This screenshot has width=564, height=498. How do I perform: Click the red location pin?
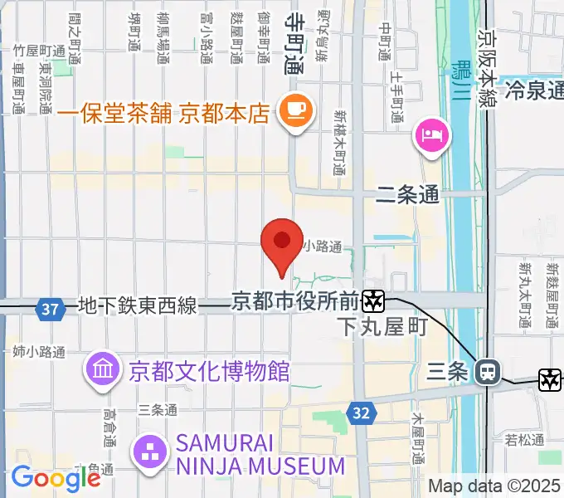pyautogui.click(x=282, y=243)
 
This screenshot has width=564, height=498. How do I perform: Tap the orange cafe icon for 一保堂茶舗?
pyautogui.click(x=294, y=110)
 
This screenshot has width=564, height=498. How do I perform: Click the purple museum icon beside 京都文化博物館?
pyautogui.click(x=104, y=369)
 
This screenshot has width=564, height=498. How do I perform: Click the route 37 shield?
pyautogui.click(x=51, y=309)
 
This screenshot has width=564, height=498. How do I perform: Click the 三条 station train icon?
pyautogui.click(x=488, y=373)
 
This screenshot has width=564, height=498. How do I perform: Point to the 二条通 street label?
pyautogui.click(x=406, y=196)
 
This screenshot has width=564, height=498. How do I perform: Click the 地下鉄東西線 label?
pyautogui.click(x=137, y=306)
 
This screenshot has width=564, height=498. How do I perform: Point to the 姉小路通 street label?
pyautogui.click(x=39, y=352)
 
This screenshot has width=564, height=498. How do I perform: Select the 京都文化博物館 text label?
pyautogui.click(x=209, y=370)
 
